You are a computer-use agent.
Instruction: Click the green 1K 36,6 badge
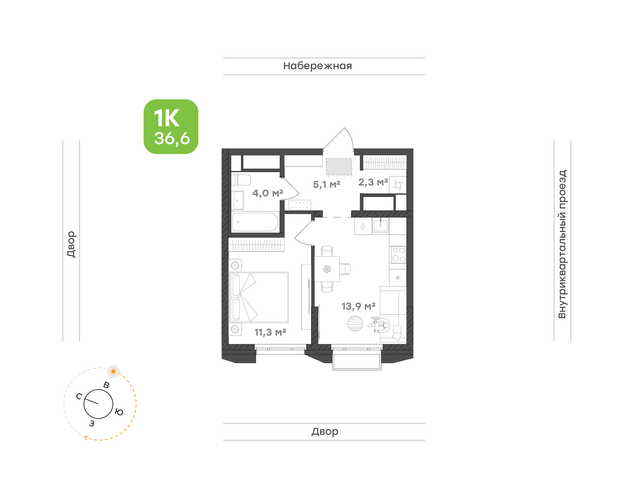coord(171,126)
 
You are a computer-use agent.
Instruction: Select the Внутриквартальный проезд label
coord(562,244)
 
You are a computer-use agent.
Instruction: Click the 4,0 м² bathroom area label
coord(267,193)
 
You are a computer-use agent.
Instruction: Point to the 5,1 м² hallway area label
coord(327,184)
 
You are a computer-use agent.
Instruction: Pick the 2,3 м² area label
coord(373,182)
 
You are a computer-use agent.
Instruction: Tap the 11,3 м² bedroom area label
coord(270,332)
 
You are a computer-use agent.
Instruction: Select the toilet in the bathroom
coord(241,180)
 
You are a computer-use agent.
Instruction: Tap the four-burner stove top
coord(398,255)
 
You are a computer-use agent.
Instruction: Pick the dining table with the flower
coord(327,269)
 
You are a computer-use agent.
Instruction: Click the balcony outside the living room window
coord(357,362)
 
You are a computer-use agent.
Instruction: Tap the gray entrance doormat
coord(339,167)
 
